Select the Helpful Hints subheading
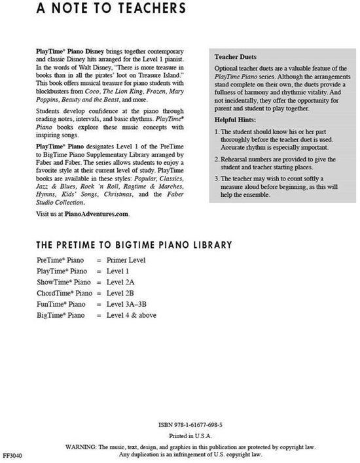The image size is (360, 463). click(237, 122)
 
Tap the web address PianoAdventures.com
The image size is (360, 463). click(92, 214)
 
